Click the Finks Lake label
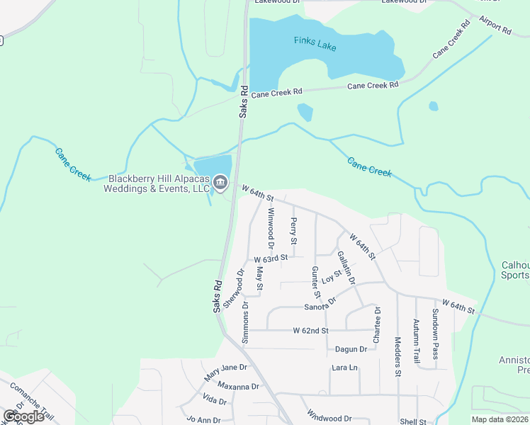(x=315, y=43)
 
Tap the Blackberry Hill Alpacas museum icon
(x=220, y=184)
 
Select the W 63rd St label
(x=271, y=260)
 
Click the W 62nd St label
(x=311, y=331)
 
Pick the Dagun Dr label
(x=351, y=348)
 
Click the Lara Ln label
(x=345, y=368)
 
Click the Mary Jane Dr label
(x=226, y=370)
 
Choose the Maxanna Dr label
(x=238, y=387)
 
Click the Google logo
(x=23, y=416)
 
